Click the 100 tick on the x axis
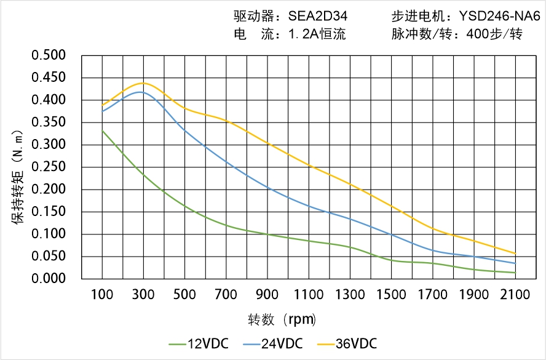click(x=102, y=295)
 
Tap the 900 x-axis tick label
click(x=267, y=295)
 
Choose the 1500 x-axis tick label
click(x=391, y=295)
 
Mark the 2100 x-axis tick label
click(x=515, y=295)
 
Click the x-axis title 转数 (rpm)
click(x=283, y=320)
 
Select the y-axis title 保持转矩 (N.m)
click(x=18, y=175)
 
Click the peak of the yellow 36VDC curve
click(x=143, y=82)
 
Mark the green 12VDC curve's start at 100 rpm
click(x=102, y=130)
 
